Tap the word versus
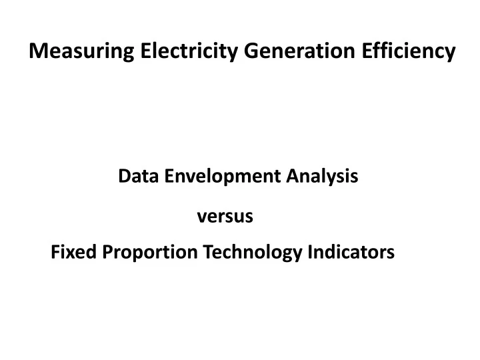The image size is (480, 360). [x=225, y=217]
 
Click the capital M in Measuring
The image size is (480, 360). [x=38, y=52]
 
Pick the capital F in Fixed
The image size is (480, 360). [x=55, y=253]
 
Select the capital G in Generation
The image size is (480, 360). [x=247, y=52]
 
